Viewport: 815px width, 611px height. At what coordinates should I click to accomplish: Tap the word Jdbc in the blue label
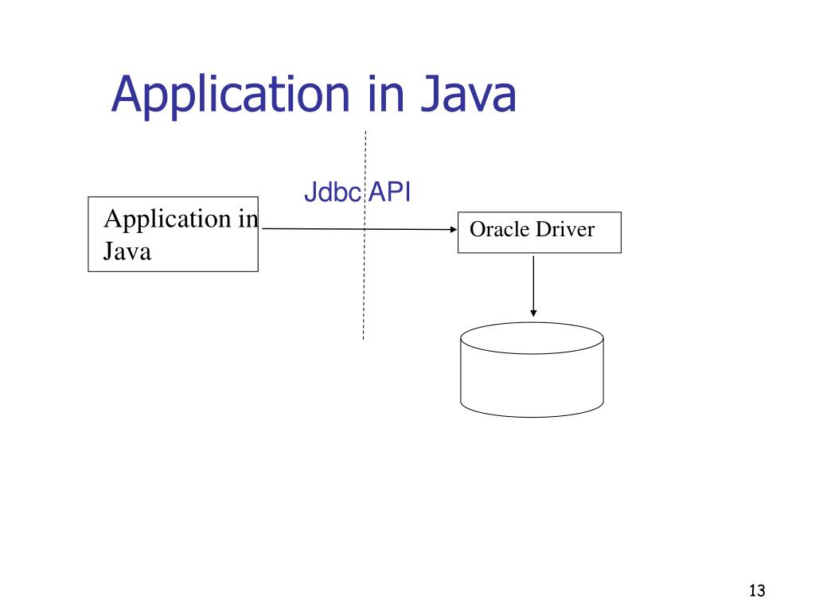332,193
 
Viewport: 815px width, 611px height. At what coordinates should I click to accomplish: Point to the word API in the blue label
388,193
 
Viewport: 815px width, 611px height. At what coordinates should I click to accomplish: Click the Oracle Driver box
539,243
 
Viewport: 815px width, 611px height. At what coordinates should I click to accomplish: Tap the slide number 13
756,590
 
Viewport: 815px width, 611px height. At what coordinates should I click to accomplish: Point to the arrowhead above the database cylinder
532,313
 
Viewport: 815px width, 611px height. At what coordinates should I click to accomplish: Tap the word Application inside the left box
164,219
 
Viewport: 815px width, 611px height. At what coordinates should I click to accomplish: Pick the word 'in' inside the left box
248,219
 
